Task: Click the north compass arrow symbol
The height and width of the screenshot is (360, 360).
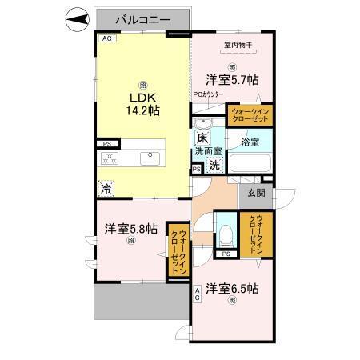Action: (74, 18)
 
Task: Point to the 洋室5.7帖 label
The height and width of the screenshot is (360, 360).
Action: (233, 79)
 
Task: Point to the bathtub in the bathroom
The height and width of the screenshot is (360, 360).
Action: (249, 162)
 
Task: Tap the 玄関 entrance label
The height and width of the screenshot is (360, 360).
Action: (255, 191)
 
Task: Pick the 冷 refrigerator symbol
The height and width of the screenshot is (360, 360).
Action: (106, 189)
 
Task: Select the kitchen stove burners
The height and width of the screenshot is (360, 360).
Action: (109, 158)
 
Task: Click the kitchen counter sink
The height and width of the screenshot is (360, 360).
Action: (149, 158)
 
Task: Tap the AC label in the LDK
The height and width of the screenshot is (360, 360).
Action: (106, 38)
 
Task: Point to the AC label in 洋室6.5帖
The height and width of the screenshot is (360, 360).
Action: (197, 294)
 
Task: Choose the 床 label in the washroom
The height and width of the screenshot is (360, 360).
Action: (203, 137)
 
